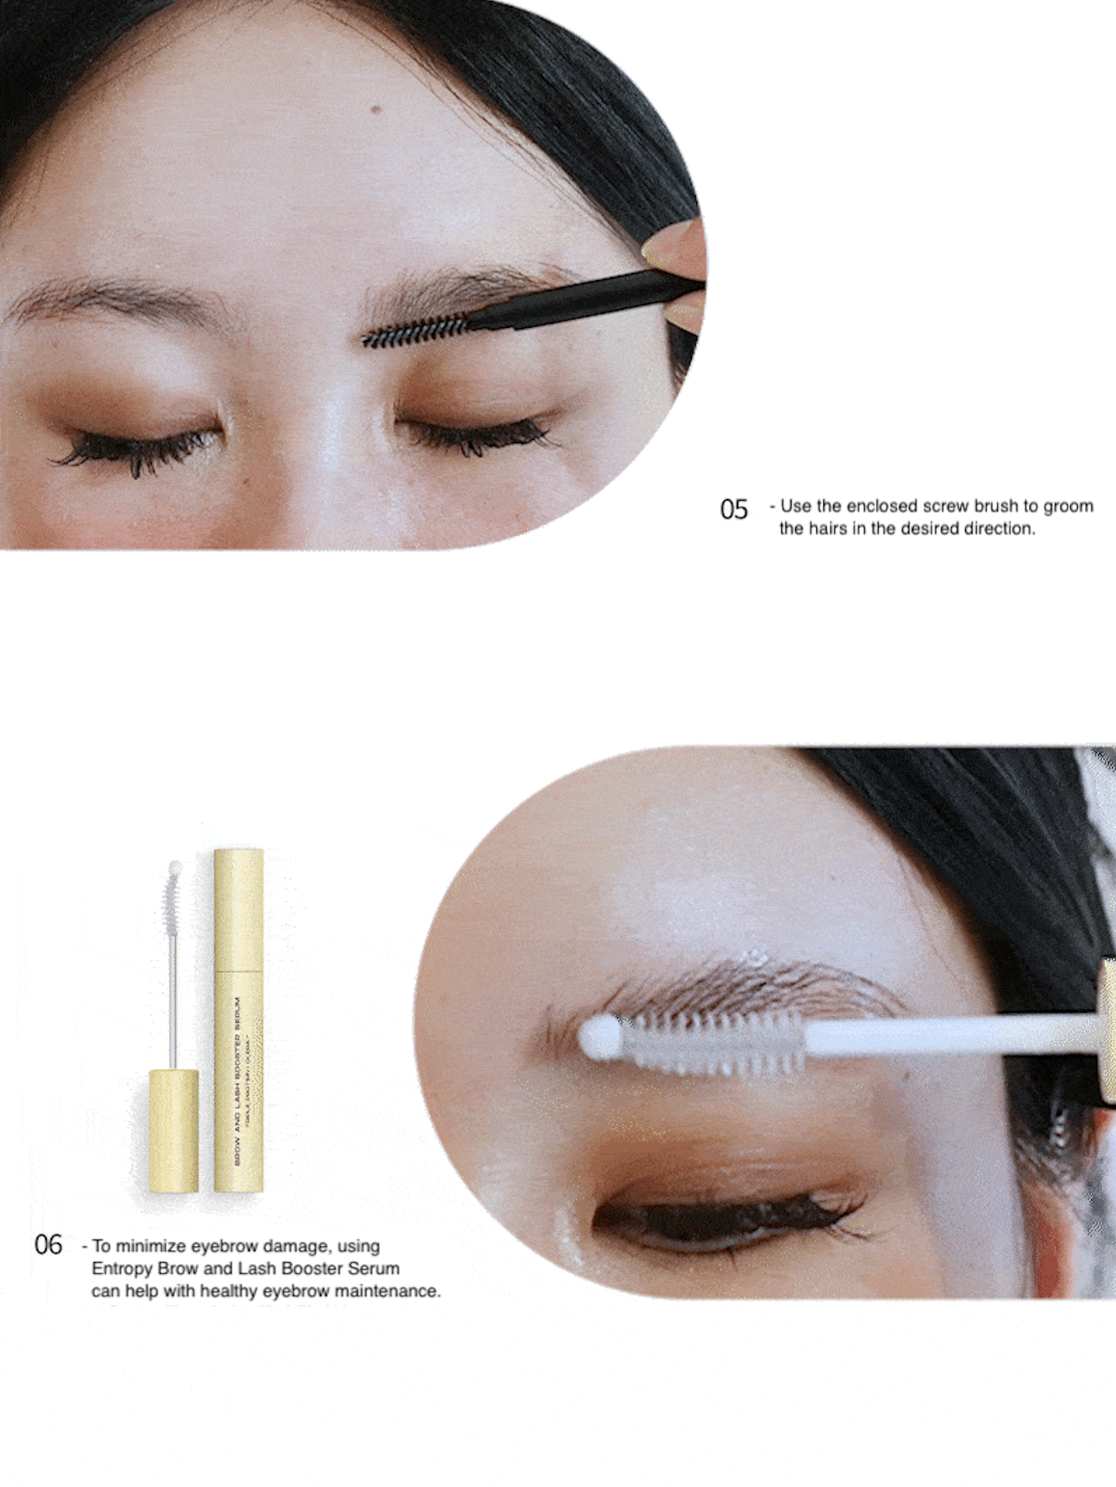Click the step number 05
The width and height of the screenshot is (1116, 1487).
click(x=733, y=510)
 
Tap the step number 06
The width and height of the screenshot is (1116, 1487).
click(x=48, y=1244)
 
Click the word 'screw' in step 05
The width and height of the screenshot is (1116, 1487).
click(x=946, y=506)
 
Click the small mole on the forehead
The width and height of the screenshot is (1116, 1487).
click(x=377, y=110)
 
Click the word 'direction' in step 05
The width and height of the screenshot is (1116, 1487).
click(x=999, y=529)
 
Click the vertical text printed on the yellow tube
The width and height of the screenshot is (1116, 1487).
click(x=237, y=1082)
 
